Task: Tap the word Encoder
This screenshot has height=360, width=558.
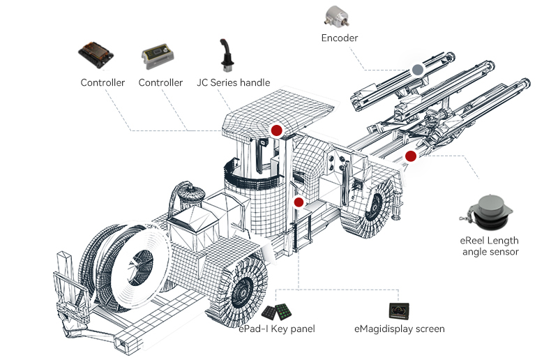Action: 340,38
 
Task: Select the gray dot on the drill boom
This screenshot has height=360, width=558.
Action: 417,70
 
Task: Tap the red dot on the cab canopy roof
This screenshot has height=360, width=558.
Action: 276,130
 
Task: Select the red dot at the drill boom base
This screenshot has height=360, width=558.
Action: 410,156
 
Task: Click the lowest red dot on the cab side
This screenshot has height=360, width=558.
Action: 299,202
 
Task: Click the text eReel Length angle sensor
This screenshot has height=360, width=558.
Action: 490,246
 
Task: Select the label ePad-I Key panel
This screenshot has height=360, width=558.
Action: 277,329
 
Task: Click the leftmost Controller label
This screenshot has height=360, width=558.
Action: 103,82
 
